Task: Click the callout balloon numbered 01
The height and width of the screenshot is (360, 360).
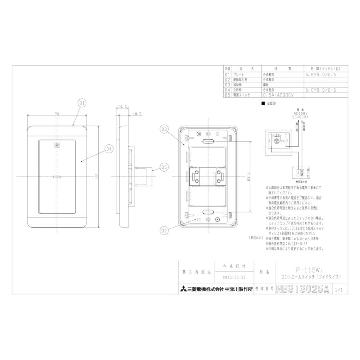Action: (82, 103)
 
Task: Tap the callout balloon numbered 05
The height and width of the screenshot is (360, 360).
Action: (164, 166)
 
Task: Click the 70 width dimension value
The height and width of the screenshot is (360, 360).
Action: (57, 114)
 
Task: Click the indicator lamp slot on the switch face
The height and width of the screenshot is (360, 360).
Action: (56, 176)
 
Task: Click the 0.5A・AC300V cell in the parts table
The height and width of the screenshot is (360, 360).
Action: (279, 96)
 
